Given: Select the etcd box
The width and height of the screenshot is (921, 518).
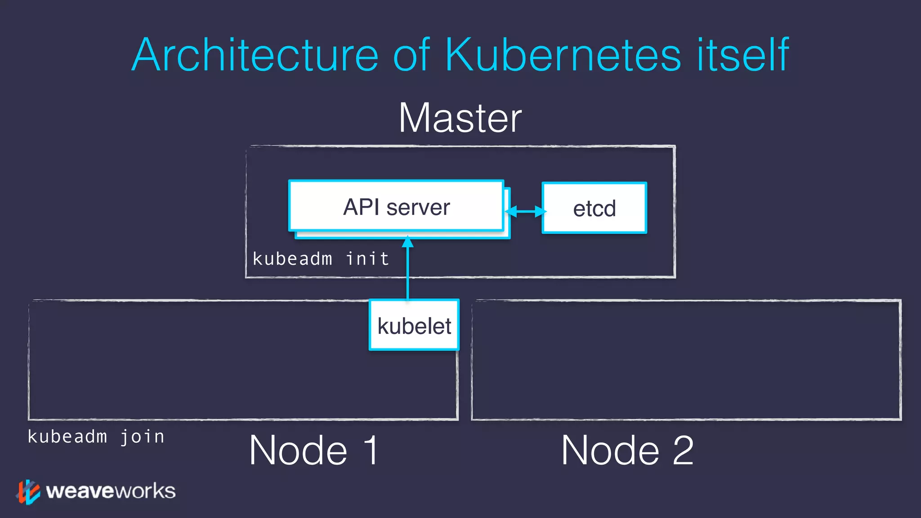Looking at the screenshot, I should coord(594,208).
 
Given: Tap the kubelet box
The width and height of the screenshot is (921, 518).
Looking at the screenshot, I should coord(414,325).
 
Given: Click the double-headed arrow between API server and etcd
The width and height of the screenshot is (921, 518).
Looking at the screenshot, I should coord(525,211).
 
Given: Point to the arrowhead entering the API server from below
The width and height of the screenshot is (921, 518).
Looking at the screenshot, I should coord(407,242).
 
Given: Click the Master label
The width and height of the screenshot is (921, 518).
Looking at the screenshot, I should coord(460,118).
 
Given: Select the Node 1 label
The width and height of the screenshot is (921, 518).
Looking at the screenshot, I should coord(314,450).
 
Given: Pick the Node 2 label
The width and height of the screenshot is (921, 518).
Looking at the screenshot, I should coord(627,450).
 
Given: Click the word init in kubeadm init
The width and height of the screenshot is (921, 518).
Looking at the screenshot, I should coord(367,259).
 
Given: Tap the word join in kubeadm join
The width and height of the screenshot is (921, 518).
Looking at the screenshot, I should coord(142,437).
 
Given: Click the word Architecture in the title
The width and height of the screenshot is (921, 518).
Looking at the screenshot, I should coord(255,55).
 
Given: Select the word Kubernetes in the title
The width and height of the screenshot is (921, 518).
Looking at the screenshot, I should coord(563,55).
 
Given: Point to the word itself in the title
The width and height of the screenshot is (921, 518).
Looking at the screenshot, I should coord(742,55).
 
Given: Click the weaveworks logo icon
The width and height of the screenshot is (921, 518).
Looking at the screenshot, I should coord(28,492).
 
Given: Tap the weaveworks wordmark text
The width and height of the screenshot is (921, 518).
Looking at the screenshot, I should coord(111,491).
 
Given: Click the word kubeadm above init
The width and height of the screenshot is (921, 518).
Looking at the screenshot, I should coord(292,259).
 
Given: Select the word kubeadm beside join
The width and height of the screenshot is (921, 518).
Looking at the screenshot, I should coord(67,437).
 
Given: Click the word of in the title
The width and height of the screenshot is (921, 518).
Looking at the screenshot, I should coord(411,55).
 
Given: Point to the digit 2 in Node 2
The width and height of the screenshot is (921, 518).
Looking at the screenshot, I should coord(683,450).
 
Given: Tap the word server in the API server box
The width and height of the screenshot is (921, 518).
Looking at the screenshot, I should coord(418,207).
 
